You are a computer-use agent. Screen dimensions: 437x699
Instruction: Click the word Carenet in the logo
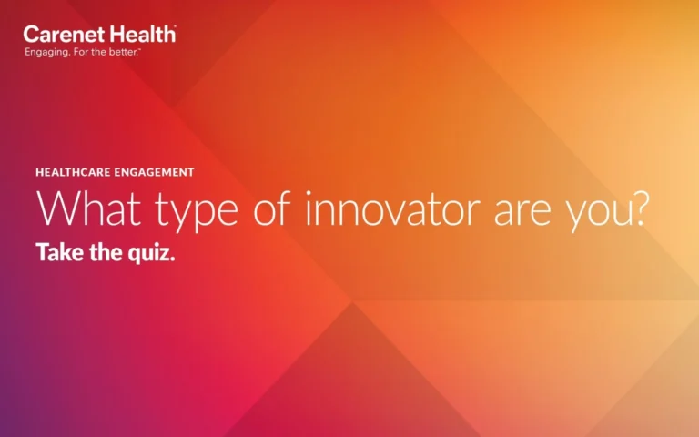pos(63,35)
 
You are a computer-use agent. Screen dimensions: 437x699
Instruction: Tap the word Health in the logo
pos(141,35)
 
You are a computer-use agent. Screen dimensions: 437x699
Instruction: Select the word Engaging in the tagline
pos(44,52)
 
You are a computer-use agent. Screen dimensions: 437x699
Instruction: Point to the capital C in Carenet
pos(31,35)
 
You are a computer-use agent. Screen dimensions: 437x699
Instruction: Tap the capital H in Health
pos(116,35)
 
